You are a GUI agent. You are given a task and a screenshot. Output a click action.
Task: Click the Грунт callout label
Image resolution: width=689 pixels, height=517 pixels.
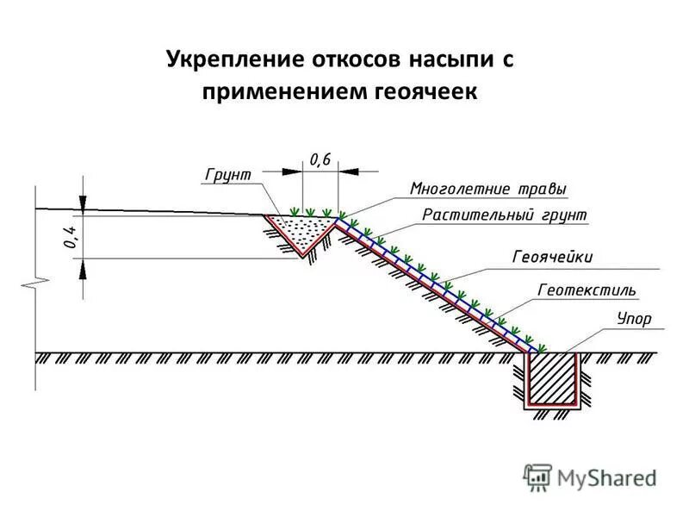click(227, 174)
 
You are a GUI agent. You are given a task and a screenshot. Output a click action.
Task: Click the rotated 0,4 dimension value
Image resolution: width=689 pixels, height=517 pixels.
click(68, 234)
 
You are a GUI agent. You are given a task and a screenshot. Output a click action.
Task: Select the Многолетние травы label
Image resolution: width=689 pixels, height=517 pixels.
click(489, 188)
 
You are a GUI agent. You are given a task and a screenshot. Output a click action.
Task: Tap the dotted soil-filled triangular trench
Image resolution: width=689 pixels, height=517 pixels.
click(301, 229)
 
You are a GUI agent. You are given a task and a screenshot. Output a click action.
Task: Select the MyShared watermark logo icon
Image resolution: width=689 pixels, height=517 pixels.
click(537, 476)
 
